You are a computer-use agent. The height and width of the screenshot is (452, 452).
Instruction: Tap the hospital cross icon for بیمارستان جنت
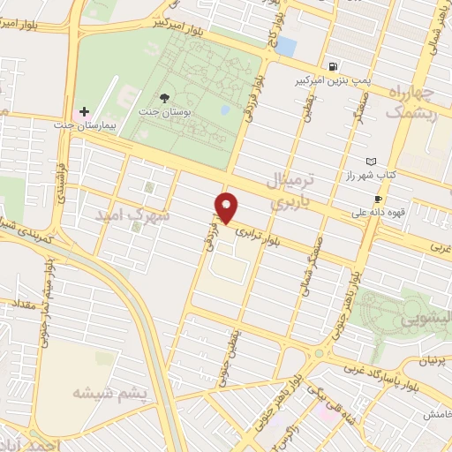84,112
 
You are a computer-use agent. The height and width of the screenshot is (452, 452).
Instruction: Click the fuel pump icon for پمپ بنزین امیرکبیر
333,66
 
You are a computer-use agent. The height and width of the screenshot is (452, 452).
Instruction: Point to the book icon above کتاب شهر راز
371,162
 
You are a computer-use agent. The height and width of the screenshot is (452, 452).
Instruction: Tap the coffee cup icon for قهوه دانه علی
379,200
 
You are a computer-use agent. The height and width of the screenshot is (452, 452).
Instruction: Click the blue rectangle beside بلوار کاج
285,46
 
